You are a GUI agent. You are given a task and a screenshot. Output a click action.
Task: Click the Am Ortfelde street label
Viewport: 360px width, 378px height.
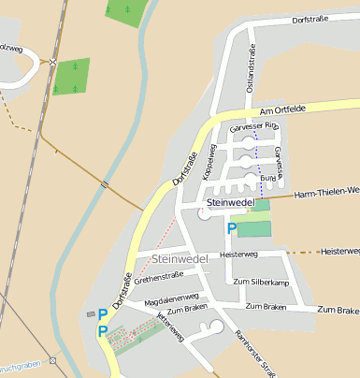coord(282,110)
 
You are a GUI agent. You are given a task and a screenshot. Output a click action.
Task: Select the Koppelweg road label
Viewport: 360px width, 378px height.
coord(213,159)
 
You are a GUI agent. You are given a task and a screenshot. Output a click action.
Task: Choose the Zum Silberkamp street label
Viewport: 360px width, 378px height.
coord(261,282)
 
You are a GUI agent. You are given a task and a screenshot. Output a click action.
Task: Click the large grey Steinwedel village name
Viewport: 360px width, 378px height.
coord(180,257)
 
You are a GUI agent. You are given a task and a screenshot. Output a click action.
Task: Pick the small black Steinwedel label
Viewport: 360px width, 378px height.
coord(230,202)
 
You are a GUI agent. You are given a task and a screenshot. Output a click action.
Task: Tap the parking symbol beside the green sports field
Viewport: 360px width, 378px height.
coord(231,227)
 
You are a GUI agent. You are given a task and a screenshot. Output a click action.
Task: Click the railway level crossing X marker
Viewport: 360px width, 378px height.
coord(53,63)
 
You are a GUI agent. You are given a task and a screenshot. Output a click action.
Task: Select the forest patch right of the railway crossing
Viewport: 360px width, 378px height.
coord(71,77)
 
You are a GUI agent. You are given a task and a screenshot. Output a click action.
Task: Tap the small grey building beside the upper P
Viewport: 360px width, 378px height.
coord(91,313)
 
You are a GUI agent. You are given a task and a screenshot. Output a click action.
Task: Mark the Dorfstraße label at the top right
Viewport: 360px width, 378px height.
coord(312,19)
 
